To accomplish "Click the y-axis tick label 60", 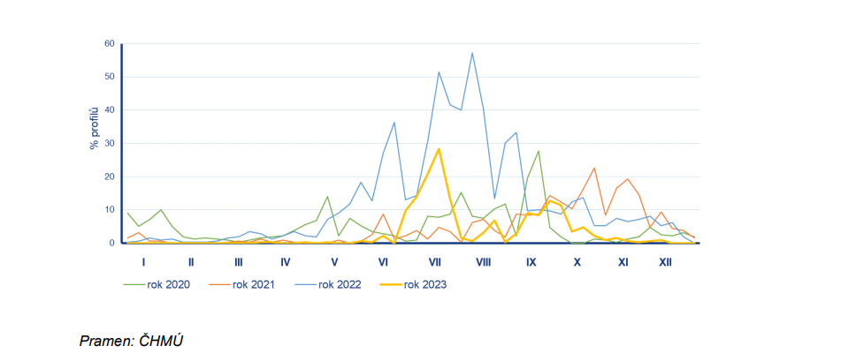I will (110, 43).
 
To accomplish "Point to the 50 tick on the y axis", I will (110, 77).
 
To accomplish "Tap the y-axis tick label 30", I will (110, 143).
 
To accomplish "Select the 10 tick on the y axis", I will (110, 210).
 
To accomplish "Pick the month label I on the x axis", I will (143, 262).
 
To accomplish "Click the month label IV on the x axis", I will (285, 262).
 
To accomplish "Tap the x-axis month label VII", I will (435, 262).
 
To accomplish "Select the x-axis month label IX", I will (531, 262).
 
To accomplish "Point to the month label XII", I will (665, 262).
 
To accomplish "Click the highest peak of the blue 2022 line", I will (472, 53).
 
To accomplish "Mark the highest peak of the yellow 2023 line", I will (439, 148).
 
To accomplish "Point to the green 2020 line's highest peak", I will (539, 151).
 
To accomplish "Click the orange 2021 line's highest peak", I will (594, 168).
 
